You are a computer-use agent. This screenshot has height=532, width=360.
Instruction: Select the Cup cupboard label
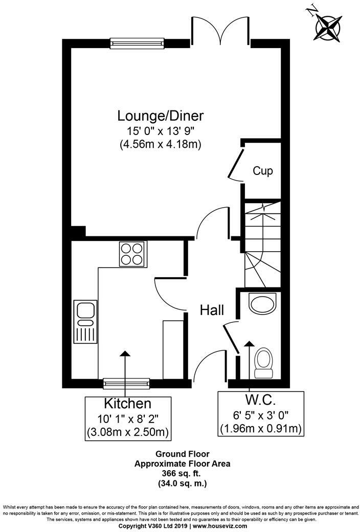click(263, 171)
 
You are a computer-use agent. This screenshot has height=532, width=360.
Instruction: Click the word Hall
click(211, 310)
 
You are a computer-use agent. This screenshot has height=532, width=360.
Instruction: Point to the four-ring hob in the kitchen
click(132, 254)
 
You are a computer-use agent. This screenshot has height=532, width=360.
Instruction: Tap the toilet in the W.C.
click(264, 360)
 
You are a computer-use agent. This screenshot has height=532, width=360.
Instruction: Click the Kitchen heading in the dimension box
click(127, 404)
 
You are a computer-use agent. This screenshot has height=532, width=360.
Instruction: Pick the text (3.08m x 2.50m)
click(127, 433)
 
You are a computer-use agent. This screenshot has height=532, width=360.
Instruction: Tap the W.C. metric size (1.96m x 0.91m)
click(261, 428)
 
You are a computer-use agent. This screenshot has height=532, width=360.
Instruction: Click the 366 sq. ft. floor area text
click(183, 473)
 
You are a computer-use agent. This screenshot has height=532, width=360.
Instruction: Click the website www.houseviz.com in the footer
click(219, 526)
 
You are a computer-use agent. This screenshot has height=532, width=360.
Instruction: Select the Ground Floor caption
click(183, 454)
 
